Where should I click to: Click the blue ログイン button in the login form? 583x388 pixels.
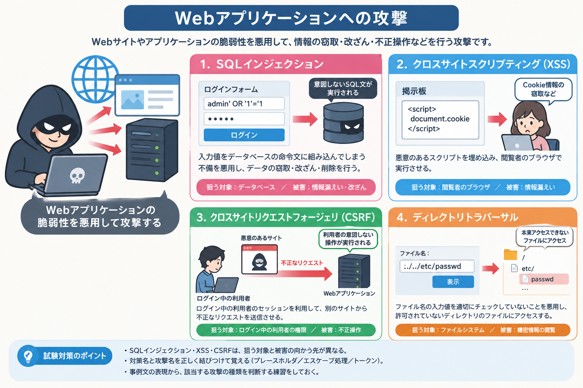244,135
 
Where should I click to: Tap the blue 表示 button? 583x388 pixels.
453,282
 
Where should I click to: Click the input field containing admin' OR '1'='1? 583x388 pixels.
244,104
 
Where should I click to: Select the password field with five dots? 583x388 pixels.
244,119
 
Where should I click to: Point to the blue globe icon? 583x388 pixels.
95,79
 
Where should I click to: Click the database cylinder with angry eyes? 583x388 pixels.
343,123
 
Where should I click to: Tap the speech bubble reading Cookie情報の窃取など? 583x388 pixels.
544,90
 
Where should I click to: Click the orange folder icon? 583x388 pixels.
511,255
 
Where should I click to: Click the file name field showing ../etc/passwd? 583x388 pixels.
437,266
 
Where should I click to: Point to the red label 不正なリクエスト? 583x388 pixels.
302,263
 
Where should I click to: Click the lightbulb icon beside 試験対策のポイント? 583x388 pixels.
28,356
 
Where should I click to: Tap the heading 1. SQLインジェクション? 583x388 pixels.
262,64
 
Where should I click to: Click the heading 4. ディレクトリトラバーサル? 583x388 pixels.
457,217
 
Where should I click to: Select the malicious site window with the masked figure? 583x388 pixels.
260,259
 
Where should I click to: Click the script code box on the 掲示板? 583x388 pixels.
440,120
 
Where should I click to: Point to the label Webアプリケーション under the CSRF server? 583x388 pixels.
349,293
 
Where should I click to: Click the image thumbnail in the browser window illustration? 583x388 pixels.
132,100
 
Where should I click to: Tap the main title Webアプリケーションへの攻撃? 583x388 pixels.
291,18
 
